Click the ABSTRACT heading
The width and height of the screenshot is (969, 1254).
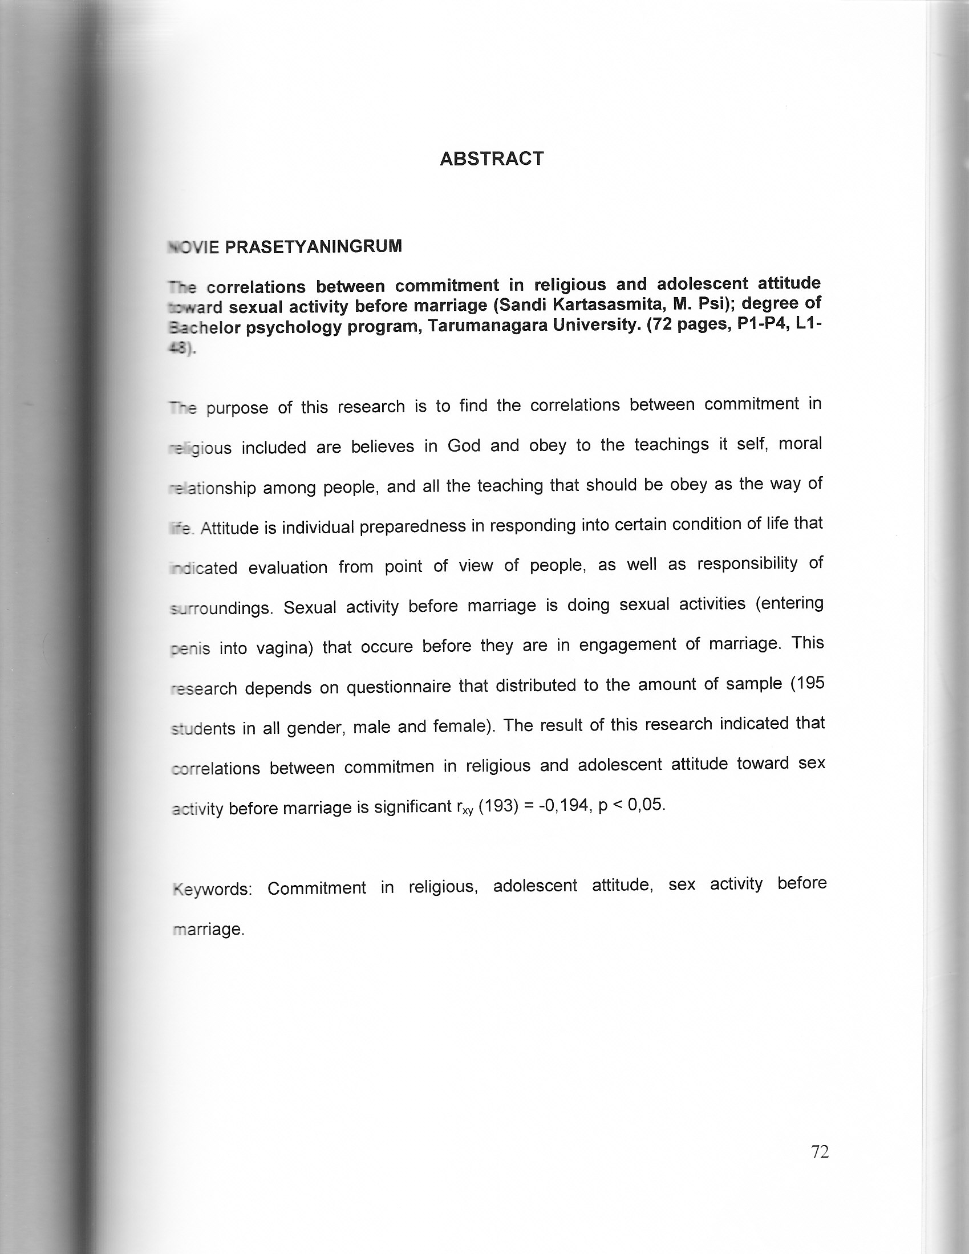coord(492,159)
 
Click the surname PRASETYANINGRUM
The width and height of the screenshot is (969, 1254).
coord(313,247)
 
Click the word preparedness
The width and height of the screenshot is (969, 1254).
coord(412,526)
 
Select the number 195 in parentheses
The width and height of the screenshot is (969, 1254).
coord(810,683)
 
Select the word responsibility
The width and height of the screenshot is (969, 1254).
coord(747,564)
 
